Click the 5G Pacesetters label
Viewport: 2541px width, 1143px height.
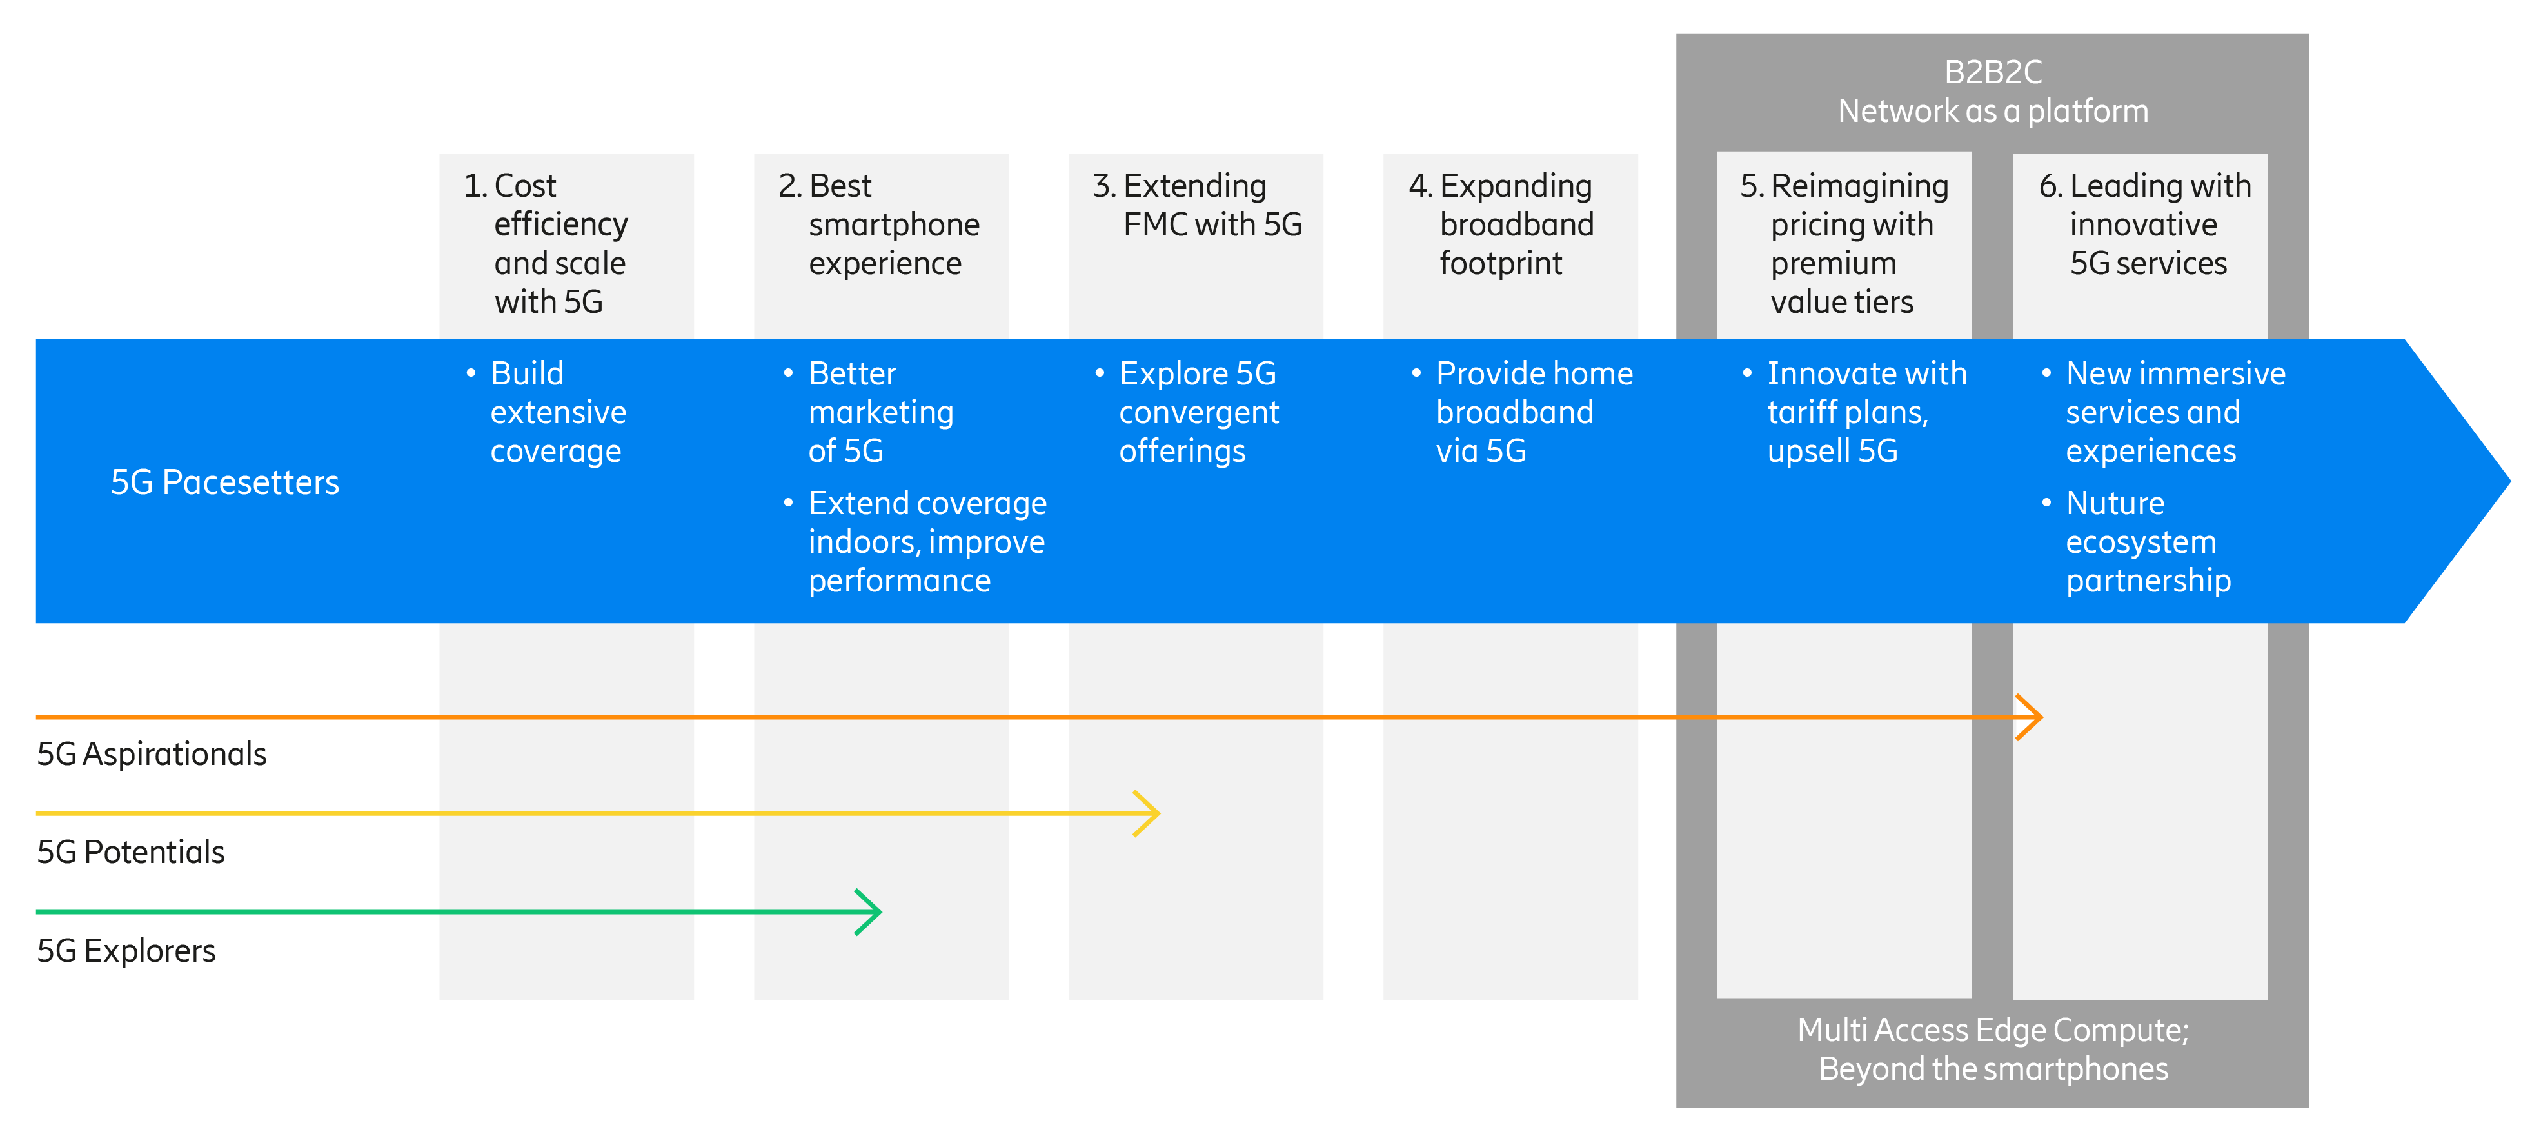(x=225, y=482)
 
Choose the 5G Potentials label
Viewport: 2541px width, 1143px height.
(x=131, y=852)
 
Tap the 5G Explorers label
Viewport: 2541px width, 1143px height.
(x=126, y=951)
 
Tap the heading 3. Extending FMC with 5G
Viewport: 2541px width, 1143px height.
(x=1198, y=205)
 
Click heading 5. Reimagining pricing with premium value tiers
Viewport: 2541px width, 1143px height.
(x=1844, y=244)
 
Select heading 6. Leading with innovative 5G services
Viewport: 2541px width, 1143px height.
(x=2146, y=225)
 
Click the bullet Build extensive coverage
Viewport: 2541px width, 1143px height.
(x=557, y=412)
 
